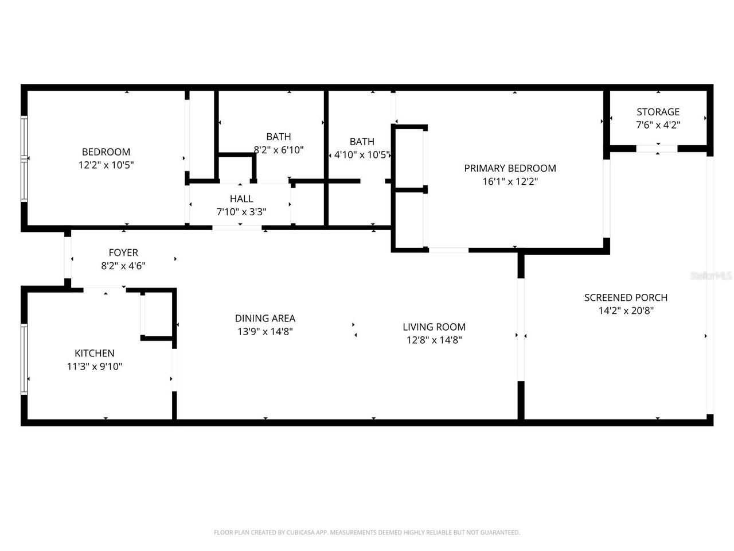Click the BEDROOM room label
click(106, 152)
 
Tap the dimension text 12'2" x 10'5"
click(106, 165)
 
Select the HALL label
click(241, 199)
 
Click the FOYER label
click(123, 253)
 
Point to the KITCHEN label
click(95, 354)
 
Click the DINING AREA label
click(265, 319)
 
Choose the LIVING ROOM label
click(434, 327)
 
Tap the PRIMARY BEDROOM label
click(510, 168)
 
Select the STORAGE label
click(658, 112)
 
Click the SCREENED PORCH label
click(626, 298)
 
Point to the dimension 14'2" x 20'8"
click(626, 311)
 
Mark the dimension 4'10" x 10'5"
click(362, 155)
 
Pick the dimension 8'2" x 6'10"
click(279, 150)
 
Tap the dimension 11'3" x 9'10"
click(95, 367)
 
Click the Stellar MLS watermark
click(711, 276)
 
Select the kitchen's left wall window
click(24, 359)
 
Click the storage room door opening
click(657, 149)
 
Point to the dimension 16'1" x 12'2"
click(510, 182)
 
